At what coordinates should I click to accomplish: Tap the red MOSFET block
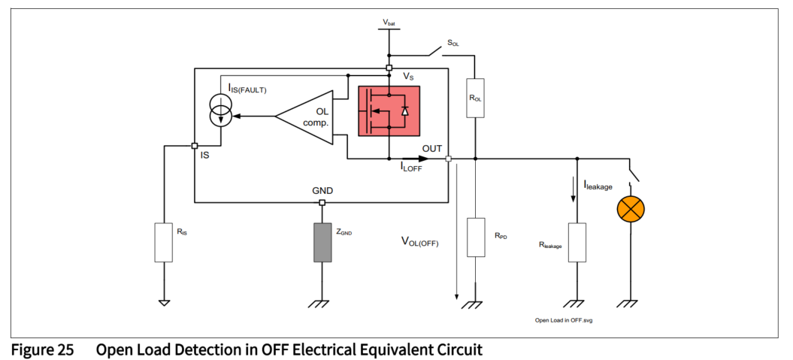(389, 111)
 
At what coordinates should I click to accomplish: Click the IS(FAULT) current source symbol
(220, 112)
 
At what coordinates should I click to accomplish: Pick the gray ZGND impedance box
(322, 242)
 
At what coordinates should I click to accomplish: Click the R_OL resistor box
(475, 98)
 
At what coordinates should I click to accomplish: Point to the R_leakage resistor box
(577, 241)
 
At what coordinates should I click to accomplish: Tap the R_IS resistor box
(164, 242)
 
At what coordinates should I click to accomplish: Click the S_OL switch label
(452, 44)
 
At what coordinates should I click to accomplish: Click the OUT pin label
(432, 148)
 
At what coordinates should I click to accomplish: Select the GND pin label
(322, 191)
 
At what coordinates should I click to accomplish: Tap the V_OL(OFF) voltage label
(419, 242)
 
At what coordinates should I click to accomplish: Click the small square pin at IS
(195, 146)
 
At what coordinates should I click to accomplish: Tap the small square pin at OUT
(449, 159)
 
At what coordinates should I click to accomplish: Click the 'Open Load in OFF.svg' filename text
(564, 319)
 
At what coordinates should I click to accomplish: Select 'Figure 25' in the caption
(41, 349)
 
